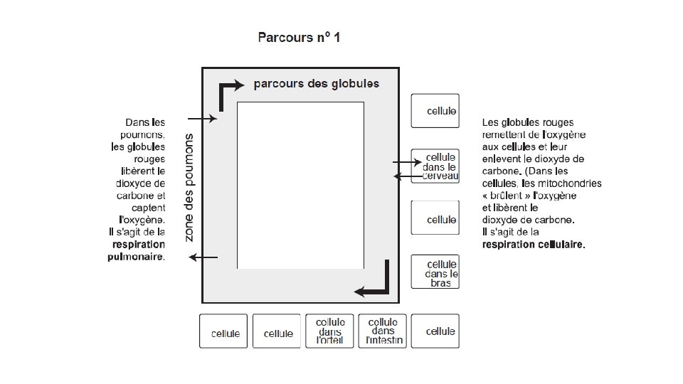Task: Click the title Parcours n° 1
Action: [300, 37]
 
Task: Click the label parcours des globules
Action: [317, 84]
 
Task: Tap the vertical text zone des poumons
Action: [189, 186]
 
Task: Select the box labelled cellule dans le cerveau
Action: [435, 166]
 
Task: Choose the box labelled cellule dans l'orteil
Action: [331, 331]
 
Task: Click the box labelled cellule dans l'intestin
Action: [383, 331]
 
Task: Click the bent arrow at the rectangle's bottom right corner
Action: [376, 282]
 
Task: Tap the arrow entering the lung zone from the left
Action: [202, 119]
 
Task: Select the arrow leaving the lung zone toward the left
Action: [203, 257]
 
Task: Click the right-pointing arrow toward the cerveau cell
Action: [407, 163]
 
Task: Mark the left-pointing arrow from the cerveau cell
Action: [408, 176]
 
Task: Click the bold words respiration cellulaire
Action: [534, 245]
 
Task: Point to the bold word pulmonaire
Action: [135, 257]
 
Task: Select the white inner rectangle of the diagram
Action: [300, 185]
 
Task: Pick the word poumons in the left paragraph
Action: [145, 135]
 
